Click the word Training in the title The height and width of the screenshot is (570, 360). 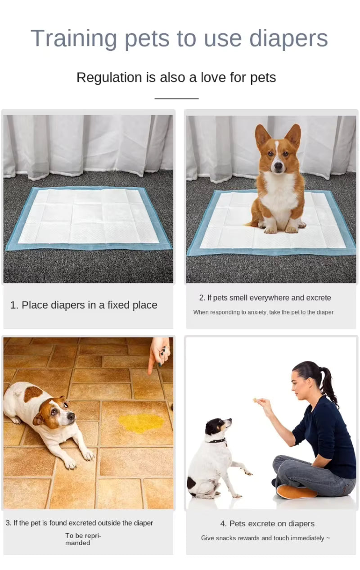click(73, 39)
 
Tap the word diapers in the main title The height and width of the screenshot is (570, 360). click(288, 39)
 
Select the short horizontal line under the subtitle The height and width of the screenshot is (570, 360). click(176, 98)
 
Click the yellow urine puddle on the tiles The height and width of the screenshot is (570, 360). click(141, 423)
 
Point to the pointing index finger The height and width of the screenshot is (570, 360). click(152, 365)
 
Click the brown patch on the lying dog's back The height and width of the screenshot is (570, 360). click(33, 394)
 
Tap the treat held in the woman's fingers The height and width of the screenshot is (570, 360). click(255, 399)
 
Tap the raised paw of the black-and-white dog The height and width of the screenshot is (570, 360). click(247, 472)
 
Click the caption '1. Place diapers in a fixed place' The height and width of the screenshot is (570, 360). click(84, 305)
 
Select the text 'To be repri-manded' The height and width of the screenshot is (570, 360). click(83, 539)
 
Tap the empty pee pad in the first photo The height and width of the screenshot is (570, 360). click(88, 217)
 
